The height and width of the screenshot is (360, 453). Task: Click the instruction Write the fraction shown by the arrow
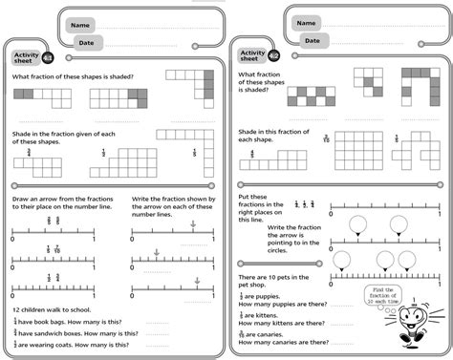[172, 205]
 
